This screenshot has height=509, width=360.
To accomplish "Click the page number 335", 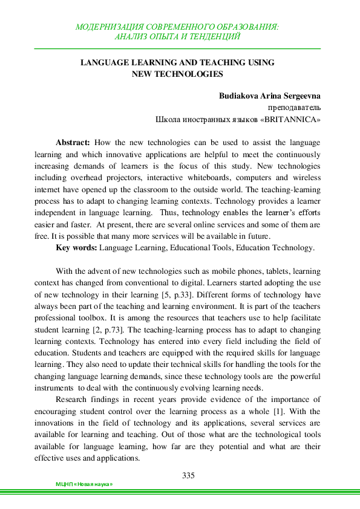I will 188,475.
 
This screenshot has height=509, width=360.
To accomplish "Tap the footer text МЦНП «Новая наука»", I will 84,485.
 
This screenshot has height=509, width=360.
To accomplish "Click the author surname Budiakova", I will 239,96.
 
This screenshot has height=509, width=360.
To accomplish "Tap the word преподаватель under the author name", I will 293,108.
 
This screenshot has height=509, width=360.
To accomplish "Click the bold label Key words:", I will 76,247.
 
